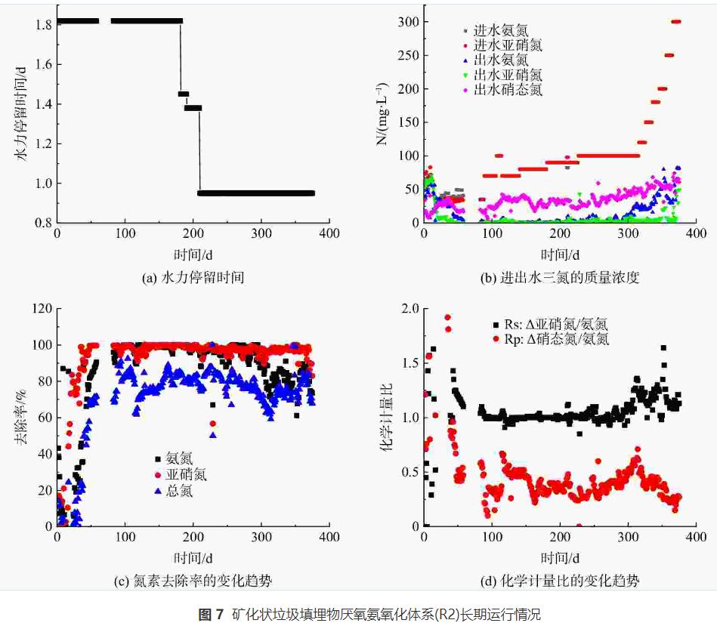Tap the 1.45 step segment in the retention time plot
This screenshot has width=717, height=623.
click(x=184, y=94)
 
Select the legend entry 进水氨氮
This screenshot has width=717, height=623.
click(x=500, y=31)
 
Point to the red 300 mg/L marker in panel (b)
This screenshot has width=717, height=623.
click(x=675, y=21)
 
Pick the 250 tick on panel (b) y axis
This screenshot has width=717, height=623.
click(x=405, y=55)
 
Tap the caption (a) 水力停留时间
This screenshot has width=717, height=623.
click(x=193, y=278)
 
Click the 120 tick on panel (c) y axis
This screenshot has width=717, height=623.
click(x=39, y=309)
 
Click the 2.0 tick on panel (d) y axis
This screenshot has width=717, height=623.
click(x=409, y=309)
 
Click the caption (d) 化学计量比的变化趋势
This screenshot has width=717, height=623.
click(x=560, y=581)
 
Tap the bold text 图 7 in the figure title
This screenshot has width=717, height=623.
click(x=211, y=614)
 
